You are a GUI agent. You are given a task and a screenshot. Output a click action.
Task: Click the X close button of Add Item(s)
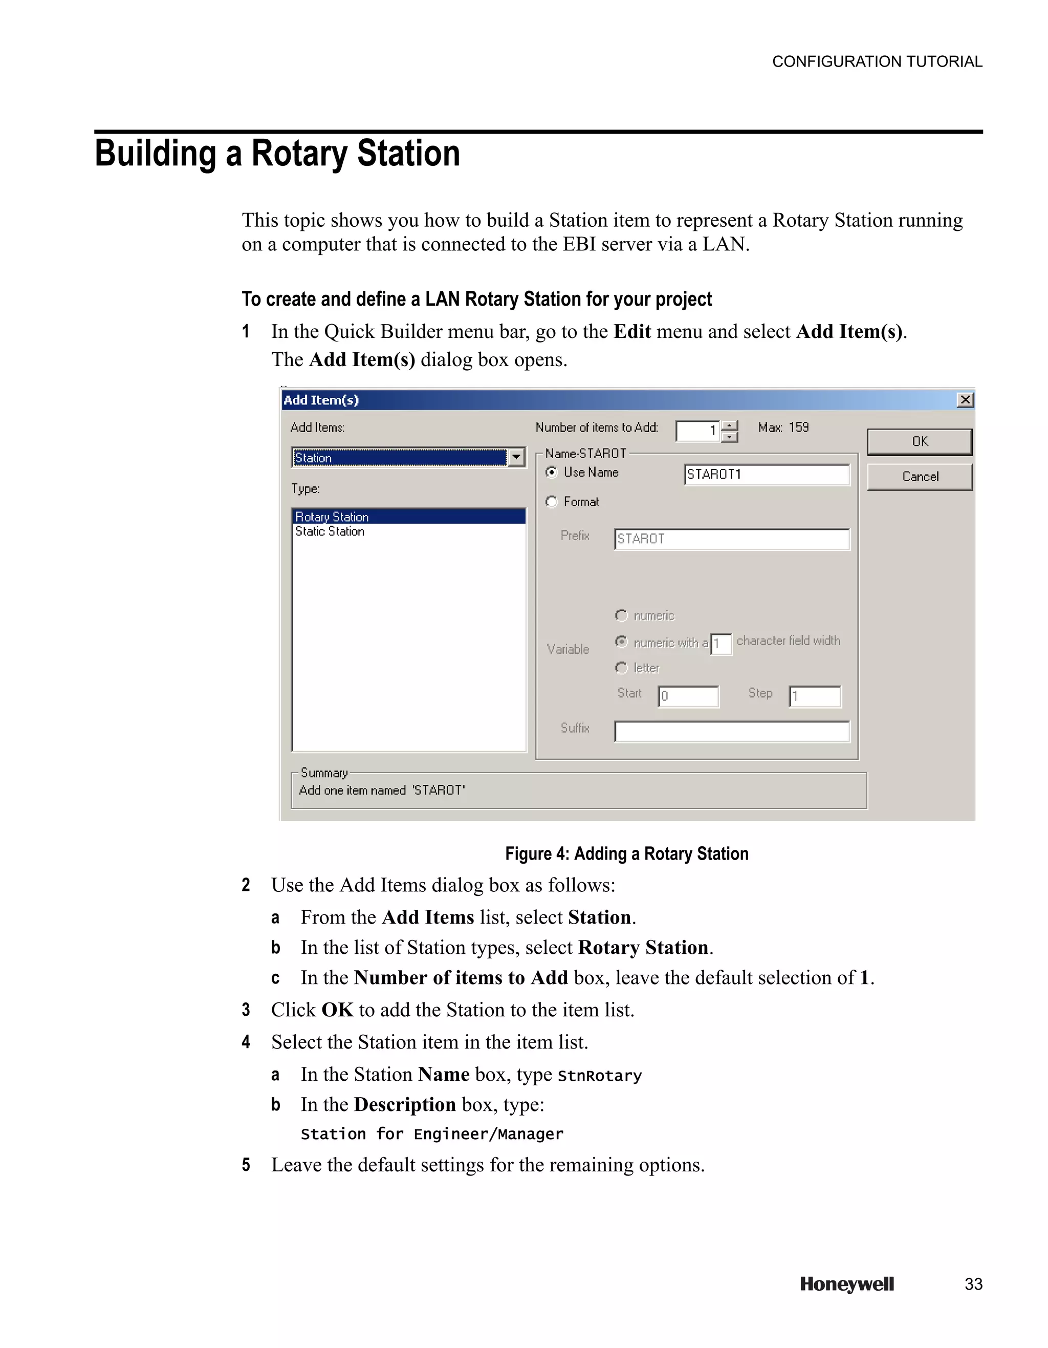(x=965, y=400)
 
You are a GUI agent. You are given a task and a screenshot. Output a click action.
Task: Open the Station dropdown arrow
(x=516, y=457)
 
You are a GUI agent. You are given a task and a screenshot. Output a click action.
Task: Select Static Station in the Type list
(x=330, y=531)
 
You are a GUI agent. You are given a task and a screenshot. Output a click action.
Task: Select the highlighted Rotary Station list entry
(x=332, y=517)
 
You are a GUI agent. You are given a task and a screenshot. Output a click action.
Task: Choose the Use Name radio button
(x=552, y=472)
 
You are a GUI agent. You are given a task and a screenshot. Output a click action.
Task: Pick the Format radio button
(x=552, y=502)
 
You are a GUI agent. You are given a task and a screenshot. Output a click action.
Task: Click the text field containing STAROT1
(x=766, y=474)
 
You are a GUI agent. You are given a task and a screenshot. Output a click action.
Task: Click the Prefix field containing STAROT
(x=732, y=539)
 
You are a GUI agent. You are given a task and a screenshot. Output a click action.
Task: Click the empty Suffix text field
(x=732, y=732)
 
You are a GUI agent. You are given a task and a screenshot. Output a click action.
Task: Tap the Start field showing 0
(x=688, y=696)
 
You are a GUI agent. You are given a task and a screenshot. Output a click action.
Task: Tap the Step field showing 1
(x=815, y=696)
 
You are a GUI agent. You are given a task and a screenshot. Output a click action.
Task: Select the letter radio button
(x=621, y=668)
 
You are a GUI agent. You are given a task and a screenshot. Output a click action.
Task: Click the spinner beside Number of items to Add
(x=729, y=431)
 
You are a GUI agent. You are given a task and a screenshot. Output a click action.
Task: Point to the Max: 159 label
(x=783, y=427)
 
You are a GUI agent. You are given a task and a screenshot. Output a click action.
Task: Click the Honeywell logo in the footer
(x=846, y=1284)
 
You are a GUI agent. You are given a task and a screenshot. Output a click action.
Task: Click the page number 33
(x=973, y=1284)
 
